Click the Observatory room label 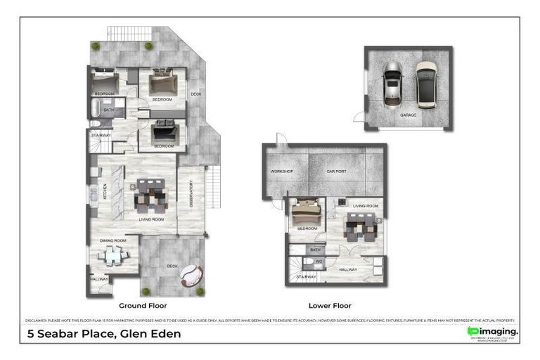[x=191, y=193]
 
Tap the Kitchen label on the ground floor [x=105, y=191]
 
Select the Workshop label [x=281, y=172]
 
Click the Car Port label [x=336, y=172]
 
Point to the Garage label [x=408, y=115]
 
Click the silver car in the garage [x=392, y=83]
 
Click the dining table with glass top [x=113, y=257]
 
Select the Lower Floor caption [x=330, y=306]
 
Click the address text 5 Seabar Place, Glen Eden [x=104, y=333]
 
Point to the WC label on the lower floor [x=318, y=261]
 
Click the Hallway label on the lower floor [x=347, y=269]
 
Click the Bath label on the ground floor [x=109, y=110]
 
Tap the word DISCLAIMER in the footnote [x=37, y=320]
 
